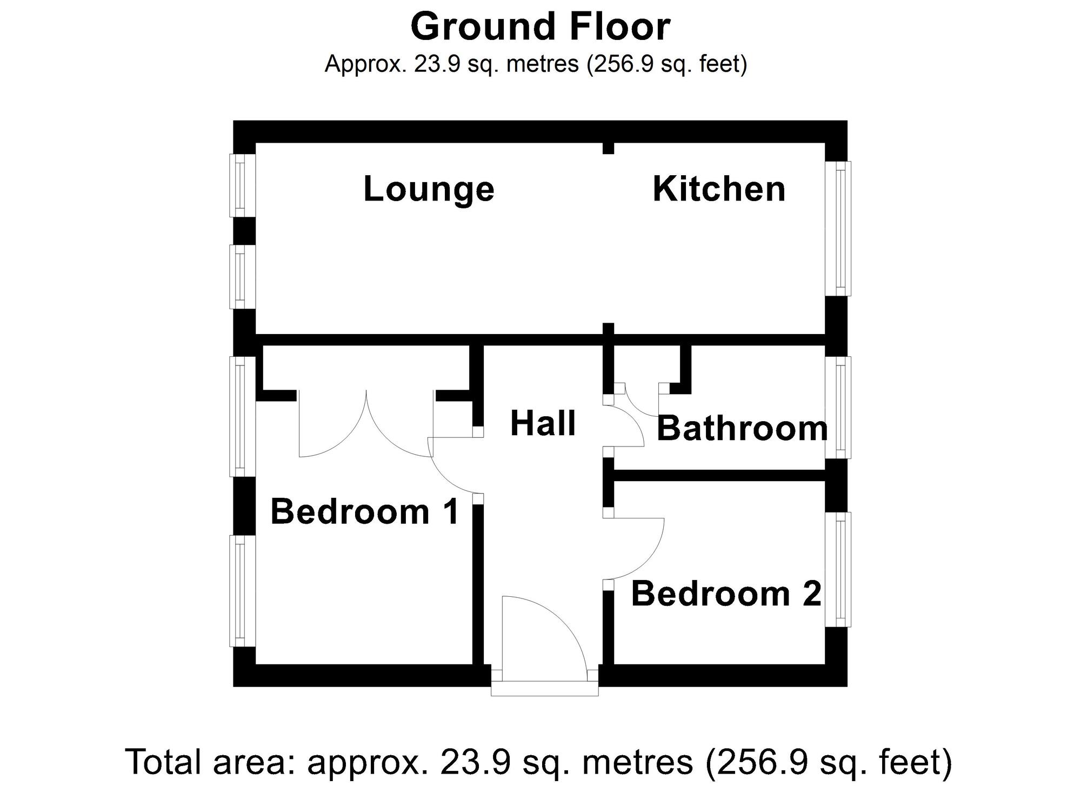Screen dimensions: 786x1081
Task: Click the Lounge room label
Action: click(x=429, y=189)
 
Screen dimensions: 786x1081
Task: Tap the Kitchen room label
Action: click(x=719, y=189)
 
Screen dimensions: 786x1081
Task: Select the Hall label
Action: click(x=543, y=423)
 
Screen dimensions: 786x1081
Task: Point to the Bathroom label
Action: click(x=742, y=429)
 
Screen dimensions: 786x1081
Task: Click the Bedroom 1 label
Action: click(x=364, y=511)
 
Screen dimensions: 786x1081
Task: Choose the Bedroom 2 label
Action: click(x=726, y=594)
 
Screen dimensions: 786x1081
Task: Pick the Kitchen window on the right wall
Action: click(x=838, y=229)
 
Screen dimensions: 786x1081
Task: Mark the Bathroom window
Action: click(x=838, y=408)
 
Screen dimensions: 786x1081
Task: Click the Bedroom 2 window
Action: click(x=838, y=569)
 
